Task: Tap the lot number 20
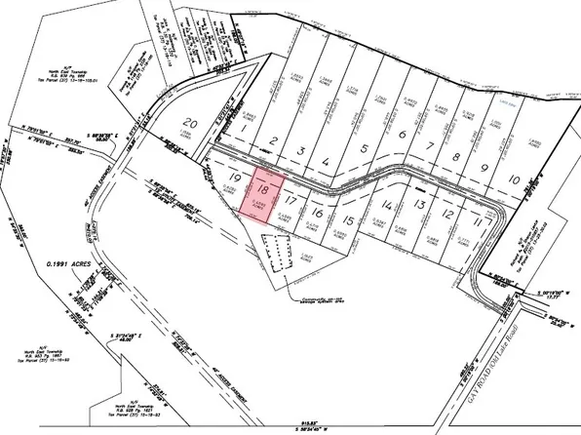pos(192,126)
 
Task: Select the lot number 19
pos(234,177)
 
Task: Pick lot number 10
pos(513,179)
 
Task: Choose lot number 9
pos(484,168)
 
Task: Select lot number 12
pos(447,213)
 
